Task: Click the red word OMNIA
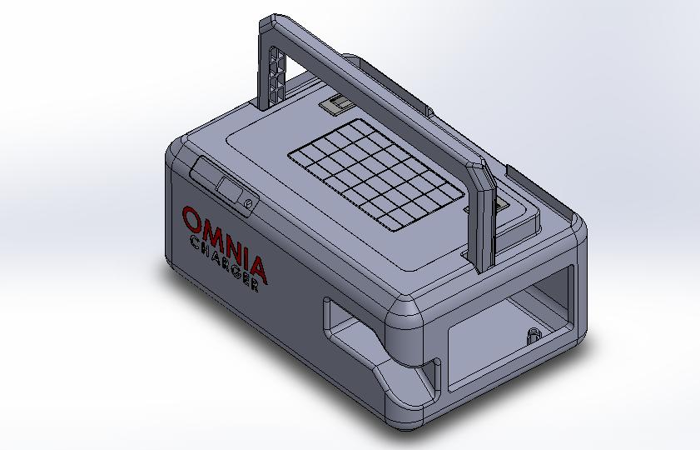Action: [226, 245]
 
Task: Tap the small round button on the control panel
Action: [249, 204]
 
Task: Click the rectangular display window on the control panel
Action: [229, 188]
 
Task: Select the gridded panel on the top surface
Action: [376, 175]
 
